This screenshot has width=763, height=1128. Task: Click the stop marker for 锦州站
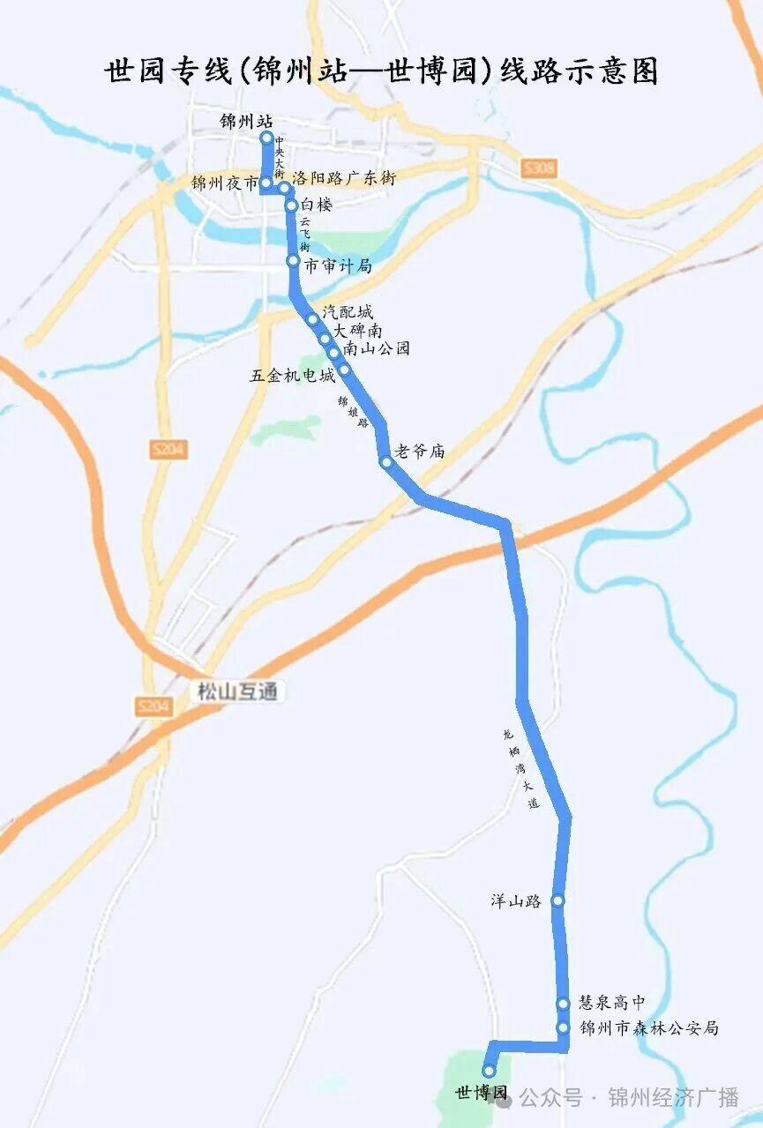pos(266,138)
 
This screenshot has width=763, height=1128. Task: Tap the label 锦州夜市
pos(224,183)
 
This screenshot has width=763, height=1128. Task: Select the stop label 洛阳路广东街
pos(344,178)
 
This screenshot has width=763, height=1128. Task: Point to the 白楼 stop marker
pos(291,205)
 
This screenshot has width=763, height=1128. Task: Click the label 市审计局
pos(337,265)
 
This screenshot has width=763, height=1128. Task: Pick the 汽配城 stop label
pos(348,311)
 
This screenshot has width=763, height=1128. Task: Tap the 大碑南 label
pos(357,330)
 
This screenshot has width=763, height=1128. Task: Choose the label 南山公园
pos(377,348)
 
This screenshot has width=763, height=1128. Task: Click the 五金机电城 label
pos(292,376)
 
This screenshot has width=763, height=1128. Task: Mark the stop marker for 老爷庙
pos(385,462)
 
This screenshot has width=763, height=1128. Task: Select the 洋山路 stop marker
pos(557,900)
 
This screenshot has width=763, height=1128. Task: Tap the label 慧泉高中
pos(612,1003)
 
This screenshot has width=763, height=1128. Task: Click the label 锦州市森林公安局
pos(649,1028)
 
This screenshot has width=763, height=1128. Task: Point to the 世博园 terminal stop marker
pos(489,1072)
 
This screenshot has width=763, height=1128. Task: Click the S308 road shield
pos(537,168)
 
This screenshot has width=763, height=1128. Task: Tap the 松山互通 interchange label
pos(236,691)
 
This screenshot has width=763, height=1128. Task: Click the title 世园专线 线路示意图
pos(381,71)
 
